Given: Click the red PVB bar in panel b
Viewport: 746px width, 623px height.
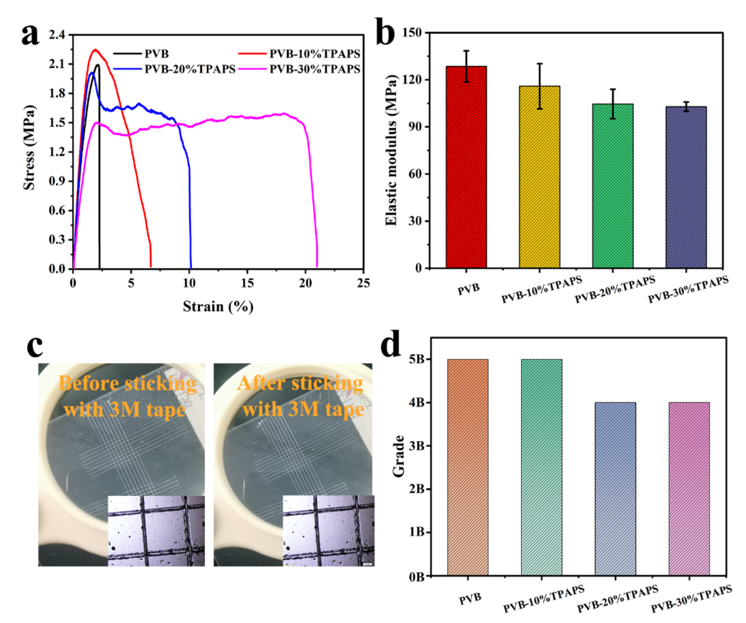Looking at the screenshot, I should tap(466, 167).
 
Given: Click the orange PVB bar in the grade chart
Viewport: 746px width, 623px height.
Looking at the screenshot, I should tap(468, 467).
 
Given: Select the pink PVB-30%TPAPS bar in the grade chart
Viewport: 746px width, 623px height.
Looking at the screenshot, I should tap(689, 489).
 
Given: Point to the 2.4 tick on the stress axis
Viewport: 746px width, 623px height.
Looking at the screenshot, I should tap(57, 35).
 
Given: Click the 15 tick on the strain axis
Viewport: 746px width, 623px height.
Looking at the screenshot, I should tap(247, 283).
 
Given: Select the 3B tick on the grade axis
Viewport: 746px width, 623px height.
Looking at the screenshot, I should tap(417, 446).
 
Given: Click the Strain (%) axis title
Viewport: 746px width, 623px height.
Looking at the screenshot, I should tap(218, 306).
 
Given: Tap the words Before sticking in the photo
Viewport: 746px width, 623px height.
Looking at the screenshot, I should tap(127, 383).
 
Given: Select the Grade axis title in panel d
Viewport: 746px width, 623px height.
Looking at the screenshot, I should tap(399, 456).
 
